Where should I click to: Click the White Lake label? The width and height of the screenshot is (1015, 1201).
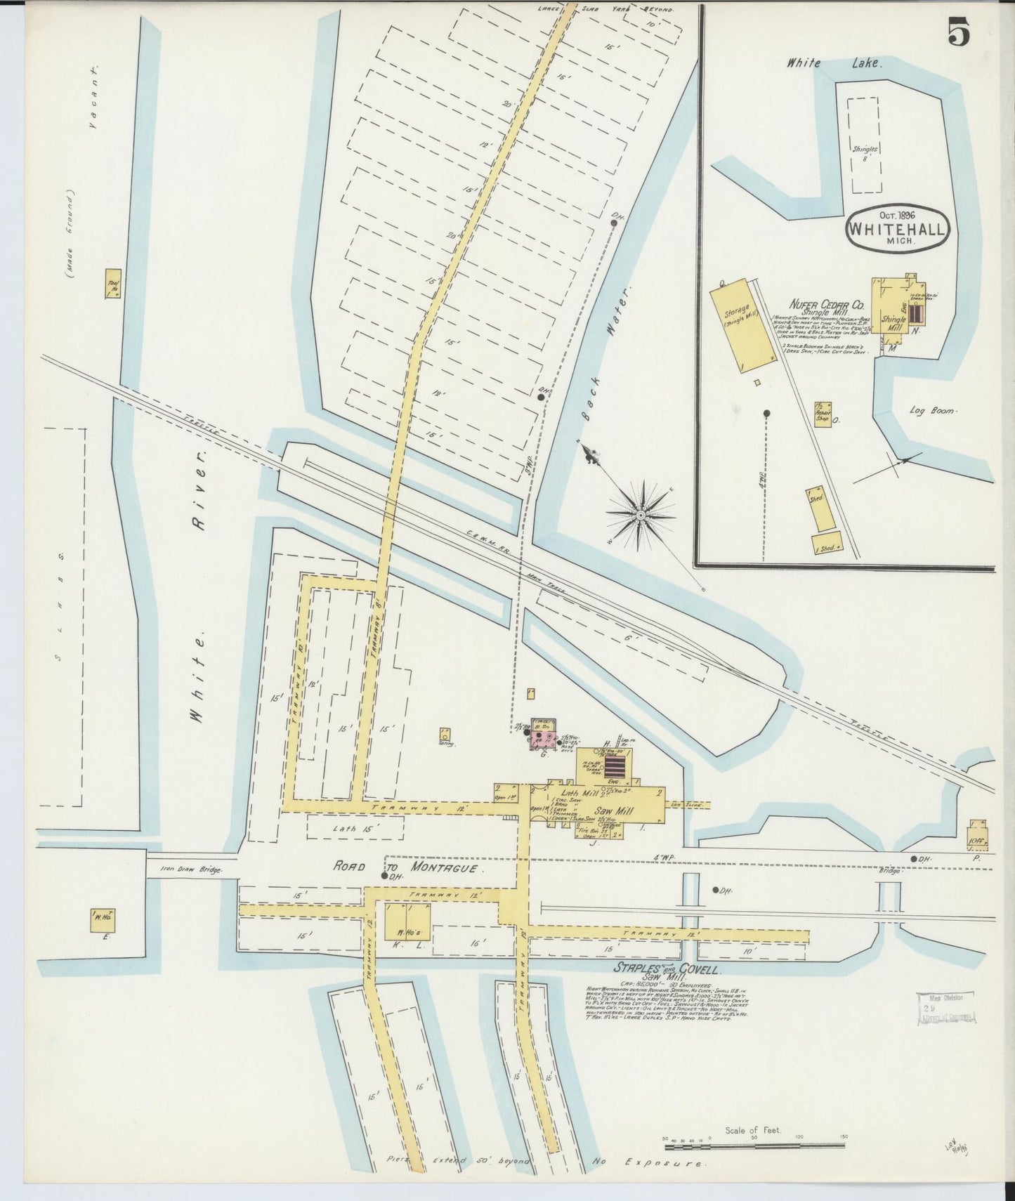[832, 63]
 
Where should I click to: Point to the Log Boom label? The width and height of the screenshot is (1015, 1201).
[931, 409]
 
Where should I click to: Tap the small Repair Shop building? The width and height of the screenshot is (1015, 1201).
[823, 414]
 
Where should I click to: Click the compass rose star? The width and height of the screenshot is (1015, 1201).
[640, 515]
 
